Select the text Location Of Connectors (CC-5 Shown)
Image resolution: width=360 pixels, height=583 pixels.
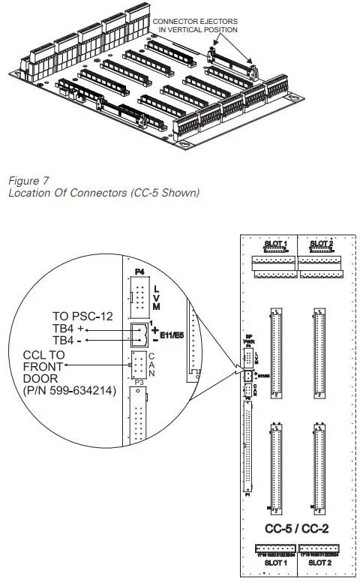(102, 193)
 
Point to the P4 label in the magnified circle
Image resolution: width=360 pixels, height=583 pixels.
(138, 273)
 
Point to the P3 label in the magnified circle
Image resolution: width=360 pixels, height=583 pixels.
(138, 381)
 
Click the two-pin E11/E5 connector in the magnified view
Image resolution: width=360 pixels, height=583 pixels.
(139, 333)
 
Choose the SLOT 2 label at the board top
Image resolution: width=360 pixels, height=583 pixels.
(320, 244)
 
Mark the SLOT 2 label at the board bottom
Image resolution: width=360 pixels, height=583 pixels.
(319, 562)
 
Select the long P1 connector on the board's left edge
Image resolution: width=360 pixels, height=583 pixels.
(249, 450)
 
